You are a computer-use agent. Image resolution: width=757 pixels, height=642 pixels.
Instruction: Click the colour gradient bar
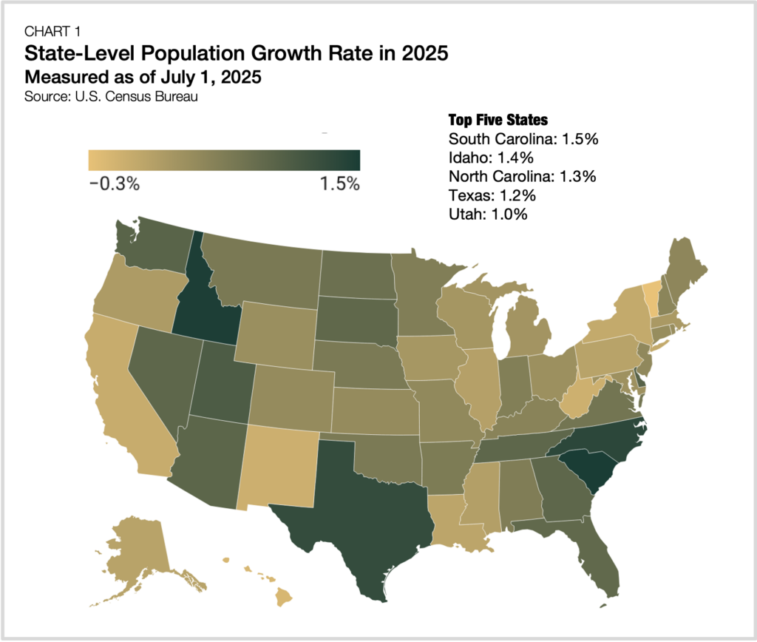click(224, 160)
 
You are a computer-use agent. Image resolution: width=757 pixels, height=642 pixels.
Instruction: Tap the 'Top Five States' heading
click(498, 120)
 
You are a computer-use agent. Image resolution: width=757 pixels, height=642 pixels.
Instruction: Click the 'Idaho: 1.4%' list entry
click(491, 158)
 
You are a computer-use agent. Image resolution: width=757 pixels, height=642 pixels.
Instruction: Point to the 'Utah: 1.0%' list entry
click(488, 214)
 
